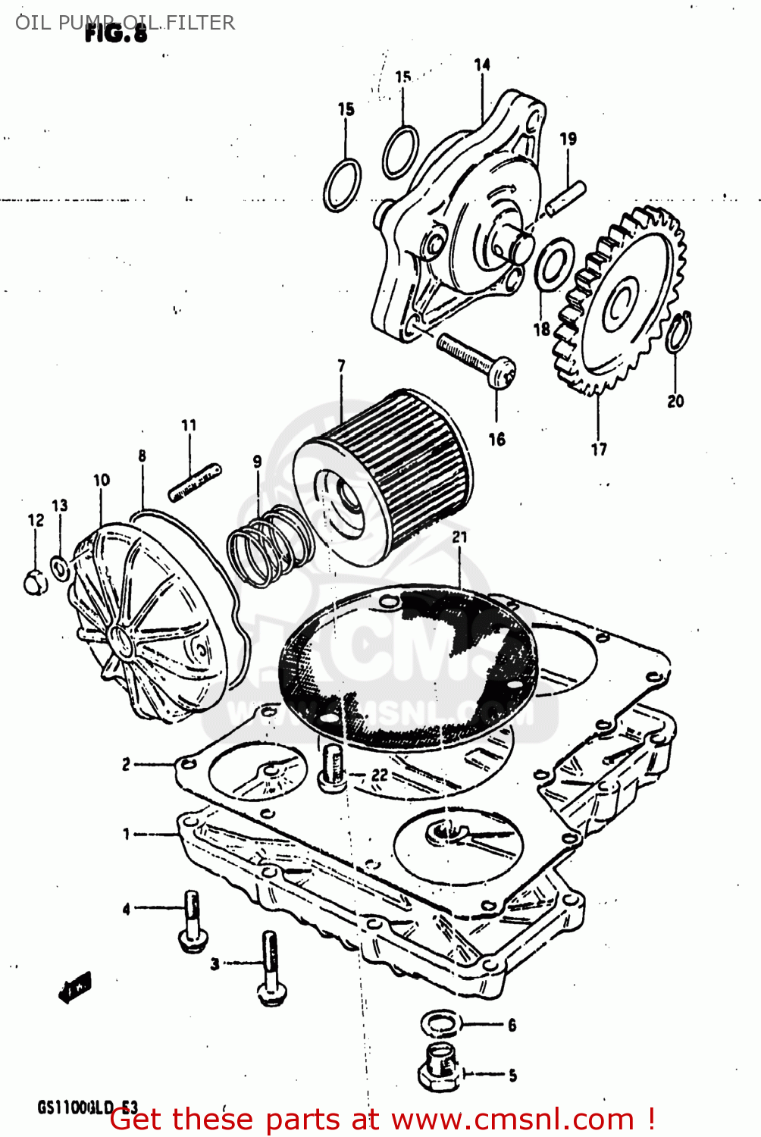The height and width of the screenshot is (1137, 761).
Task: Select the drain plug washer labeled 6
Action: [x=440, y=1024]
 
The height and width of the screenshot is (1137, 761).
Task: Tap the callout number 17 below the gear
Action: [x=599, y=449]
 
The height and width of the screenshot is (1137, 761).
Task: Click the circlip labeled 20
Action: [x=678, y=332]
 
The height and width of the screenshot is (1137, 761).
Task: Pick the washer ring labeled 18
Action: [x=555, y=264]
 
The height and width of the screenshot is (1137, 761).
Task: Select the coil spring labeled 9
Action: [x=269, y=547]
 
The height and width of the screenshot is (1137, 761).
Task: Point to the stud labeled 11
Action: [x=195, y=483]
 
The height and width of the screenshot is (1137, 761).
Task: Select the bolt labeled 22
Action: [x=332, y=768]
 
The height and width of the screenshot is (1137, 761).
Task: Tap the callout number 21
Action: [x=459, y=537]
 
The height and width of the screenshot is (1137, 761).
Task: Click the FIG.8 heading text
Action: [x=116, y=33]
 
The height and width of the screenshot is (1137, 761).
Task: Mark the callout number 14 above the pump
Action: [x=482, y=65]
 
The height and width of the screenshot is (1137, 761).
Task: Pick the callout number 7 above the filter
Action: [x=341, y=366]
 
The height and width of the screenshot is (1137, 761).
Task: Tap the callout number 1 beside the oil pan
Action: [x=127, y=834]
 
